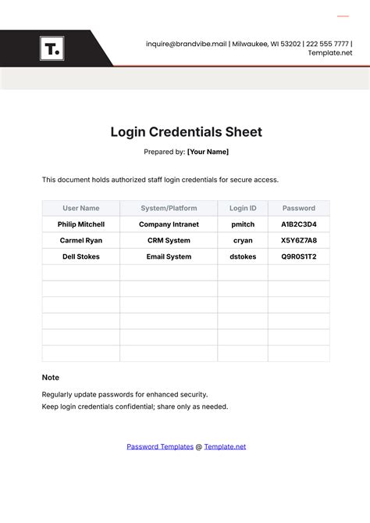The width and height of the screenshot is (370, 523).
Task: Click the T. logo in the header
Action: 52,49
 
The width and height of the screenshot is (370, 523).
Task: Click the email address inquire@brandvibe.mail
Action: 186,44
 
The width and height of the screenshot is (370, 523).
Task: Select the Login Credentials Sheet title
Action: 185,132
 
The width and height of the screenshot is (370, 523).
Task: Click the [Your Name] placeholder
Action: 208,152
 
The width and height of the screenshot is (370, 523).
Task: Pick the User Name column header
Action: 81,208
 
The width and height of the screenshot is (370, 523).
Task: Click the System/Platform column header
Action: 169,208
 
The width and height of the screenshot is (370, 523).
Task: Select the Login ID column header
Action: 243,208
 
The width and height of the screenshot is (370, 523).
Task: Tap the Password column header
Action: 298,208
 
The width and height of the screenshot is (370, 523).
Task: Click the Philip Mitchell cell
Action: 81,224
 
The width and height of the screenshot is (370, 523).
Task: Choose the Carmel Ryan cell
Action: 81,240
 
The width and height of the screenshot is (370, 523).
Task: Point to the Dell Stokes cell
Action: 81,256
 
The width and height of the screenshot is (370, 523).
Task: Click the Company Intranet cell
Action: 169,224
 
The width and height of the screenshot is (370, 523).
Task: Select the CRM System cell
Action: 169,240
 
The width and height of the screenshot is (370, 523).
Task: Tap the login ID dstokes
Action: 243,256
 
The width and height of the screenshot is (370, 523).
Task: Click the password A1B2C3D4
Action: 298,224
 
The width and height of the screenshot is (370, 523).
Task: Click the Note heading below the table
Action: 51,378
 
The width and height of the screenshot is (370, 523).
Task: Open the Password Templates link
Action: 160,446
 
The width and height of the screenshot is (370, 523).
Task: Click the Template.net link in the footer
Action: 225,446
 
